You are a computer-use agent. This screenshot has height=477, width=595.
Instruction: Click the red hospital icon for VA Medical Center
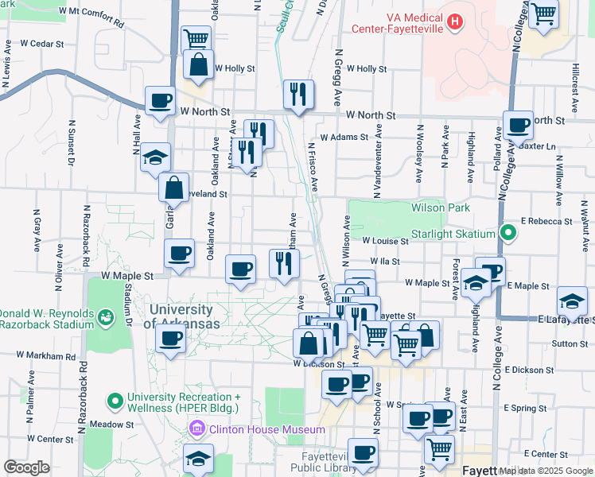click(x=455, y=21)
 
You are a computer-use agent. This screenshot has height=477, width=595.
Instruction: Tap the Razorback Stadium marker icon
click(x=104, y=318)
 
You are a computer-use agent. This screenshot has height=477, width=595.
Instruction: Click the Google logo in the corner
click(x=26, y=467)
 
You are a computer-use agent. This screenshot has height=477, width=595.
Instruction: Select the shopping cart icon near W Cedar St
click(x=195, y=37)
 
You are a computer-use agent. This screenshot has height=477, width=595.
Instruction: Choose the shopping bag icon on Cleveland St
click(x=173, y=188)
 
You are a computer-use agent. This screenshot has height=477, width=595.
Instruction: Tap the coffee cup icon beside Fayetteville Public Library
click(x=363, y=452)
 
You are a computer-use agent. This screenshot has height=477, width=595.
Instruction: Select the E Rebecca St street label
click(x=547, y=221)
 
